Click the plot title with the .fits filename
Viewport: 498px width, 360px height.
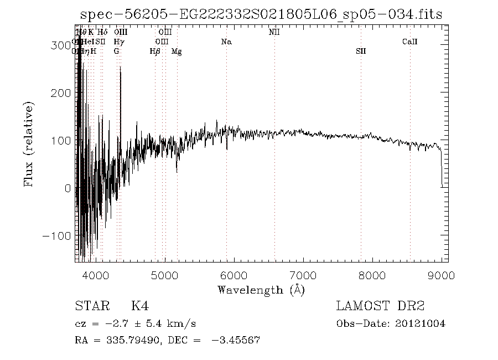click(x=261, y=14)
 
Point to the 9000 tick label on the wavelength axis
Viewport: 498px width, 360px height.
click(x=441, y=275)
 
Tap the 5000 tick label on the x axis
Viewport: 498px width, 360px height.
click(x=164, y=275)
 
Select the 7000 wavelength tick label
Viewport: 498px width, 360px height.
click(x=303, y=275)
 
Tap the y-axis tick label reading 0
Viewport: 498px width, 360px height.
click(x=68, y=188)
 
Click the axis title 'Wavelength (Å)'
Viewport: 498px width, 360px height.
click(x=261, y=290)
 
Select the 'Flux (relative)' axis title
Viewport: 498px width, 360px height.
click(x=29, y=143)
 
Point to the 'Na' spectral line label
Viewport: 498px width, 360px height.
click(x=226, y=42)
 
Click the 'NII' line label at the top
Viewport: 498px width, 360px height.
click(x=274, y=32)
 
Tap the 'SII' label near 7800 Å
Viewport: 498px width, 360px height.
click(x=361, y=51)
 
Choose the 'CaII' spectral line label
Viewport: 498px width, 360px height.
click(x=409, y=42)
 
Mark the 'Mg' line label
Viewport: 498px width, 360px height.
click(x=177, y=51)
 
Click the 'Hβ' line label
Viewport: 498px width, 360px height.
click(x=155, y=51)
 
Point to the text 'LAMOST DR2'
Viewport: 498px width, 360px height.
click(x=380, y=306)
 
